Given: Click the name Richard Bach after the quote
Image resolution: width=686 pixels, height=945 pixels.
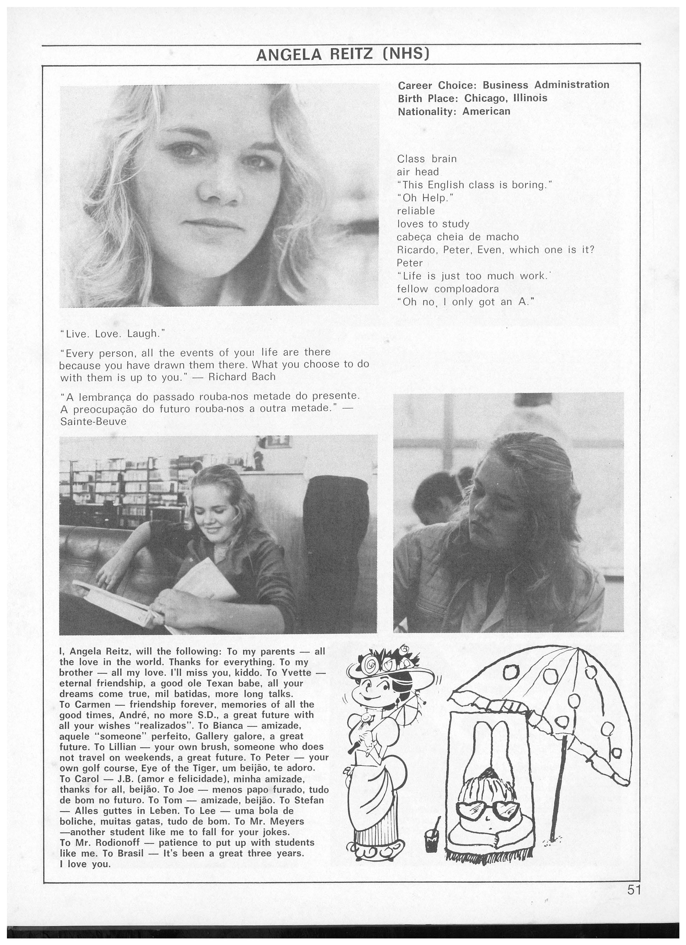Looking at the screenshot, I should [242, 377].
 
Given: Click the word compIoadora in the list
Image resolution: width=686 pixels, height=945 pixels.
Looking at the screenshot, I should [466, 289].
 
